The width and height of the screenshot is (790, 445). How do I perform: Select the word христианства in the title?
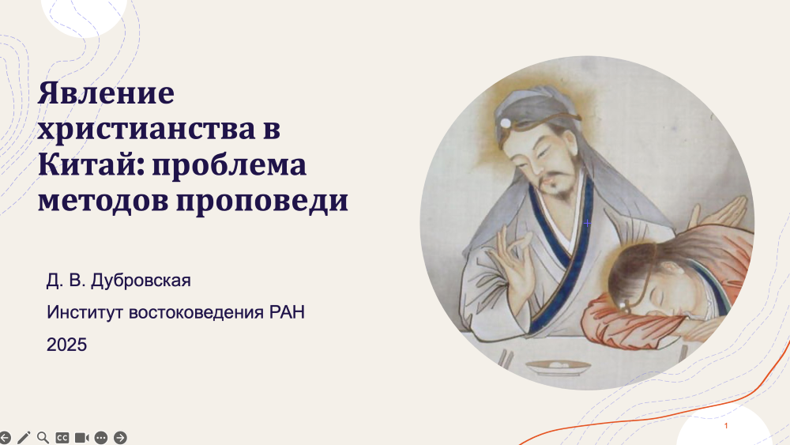147,130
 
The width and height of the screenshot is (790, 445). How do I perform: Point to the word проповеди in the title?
262,201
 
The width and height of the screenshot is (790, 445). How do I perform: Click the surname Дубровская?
141,281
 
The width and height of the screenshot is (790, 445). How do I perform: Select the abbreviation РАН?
287,312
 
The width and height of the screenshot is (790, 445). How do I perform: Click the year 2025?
66,345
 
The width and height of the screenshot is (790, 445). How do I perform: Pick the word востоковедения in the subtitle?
196,312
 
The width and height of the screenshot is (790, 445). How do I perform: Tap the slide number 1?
726,426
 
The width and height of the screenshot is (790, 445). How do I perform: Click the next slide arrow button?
120,437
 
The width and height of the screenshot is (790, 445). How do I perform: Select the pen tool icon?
24,437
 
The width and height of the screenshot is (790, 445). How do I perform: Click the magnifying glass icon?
43,437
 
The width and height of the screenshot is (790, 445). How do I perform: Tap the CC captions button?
62,437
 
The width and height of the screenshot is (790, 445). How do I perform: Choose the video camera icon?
81,437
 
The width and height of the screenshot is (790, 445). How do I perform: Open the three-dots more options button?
101,437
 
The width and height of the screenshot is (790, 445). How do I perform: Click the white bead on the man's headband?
506,123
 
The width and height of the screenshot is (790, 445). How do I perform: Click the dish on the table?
558,367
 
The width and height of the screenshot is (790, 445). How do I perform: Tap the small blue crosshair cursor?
587,223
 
